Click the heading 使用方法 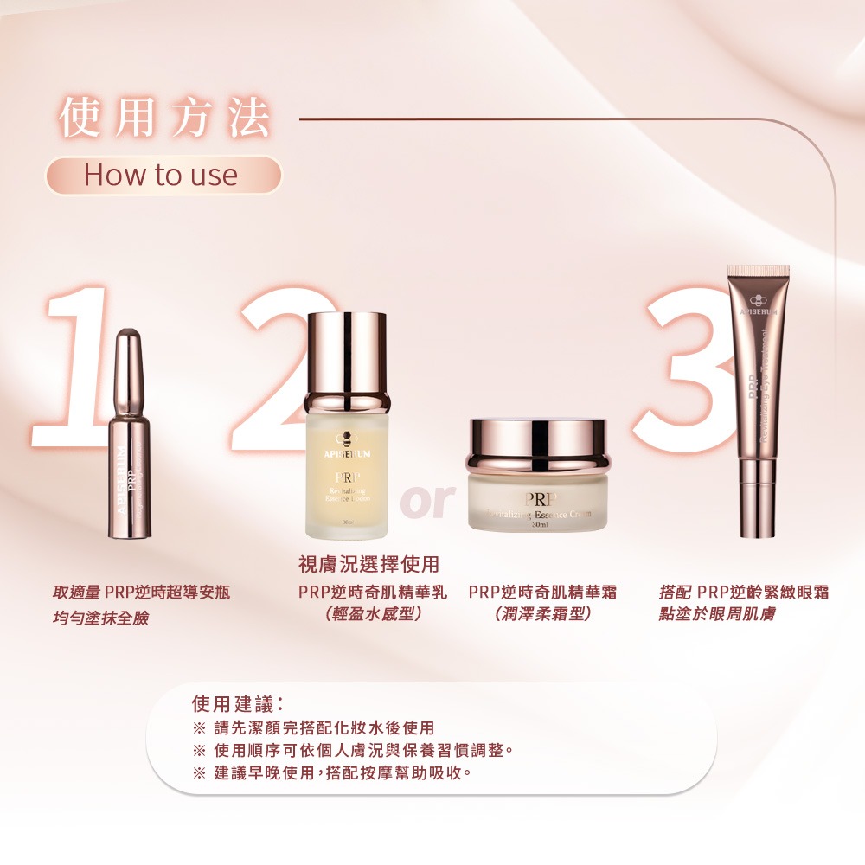click(x=164, y=119)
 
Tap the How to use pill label click(x=162, y=176)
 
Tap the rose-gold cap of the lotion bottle click(x=347, y=355)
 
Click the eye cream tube click(x=758, y=398)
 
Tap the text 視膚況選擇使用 click(x=368, y=564)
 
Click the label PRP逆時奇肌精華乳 click(x=373, y=593)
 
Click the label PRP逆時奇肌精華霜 click(x=542, y=593)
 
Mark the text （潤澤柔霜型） click(x=542, y=615)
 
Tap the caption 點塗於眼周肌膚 click(x=717, y=614)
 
